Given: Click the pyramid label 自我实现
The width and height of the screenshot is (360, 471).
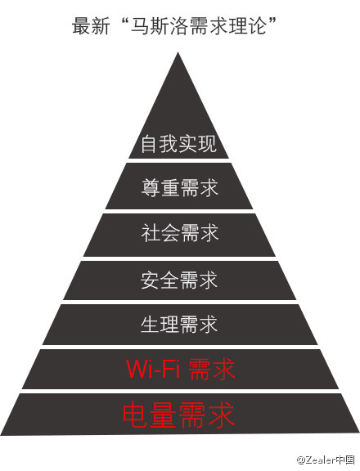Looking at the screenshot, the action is point(179,144).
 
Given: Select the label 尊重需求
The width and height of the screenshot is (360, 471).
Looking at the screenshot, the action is point(180,188).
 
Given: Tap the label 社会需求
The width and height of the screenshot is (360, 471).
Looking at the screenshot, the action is point(180,233).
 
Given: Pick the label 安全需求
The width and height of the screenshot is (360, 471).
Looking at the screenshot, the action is point(179,280).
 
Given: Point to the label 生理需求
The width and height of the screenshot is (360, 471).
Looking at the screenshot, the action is point(179,325).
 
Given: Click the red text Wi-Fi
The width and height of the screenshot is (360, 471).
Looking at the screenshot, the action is point(153,369).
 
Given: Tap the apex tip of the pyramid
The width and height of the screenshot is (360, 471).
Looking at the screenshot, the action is point(178,52).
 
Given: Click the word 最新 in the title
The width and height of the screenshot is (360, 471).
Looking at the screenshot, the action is point(91,26).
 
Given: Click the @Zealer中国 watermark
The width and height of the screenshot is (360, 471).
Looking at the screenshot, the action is point(326,460).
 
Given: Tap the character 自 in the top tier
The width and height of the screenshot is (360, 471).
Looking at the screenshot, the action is point(149,144).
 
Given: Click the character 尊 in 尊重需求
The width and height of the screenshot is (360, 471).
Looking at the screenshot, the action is point(151,188).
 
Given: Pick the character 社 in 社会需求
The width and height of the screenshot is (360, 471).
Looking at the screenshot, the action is point(151,233).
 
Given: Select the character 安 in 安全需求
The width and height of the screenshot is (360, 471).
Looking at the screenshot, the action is point(150,280).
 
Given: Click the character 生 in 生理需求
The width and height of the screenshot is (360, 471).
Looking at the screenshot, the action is point(150,325).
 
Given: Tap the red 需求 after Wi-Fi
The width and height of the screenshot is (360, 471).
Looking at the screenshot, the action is point(212,369).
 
